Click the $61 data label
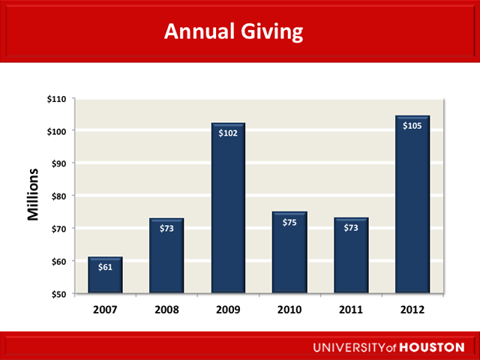tap(105, 268)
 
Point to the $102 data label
tap(228, 133)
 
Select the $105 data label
tap(412, 126)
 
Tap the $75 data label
tap(289, 222)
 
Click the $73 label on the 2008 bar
tap(166, 228)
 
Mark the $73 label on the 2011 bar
tap(351, 228)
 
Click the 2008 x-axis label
tap(166, 309)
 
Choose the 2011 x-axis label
tap(351, 309)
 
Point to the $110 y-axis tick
tap(57, 99)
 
